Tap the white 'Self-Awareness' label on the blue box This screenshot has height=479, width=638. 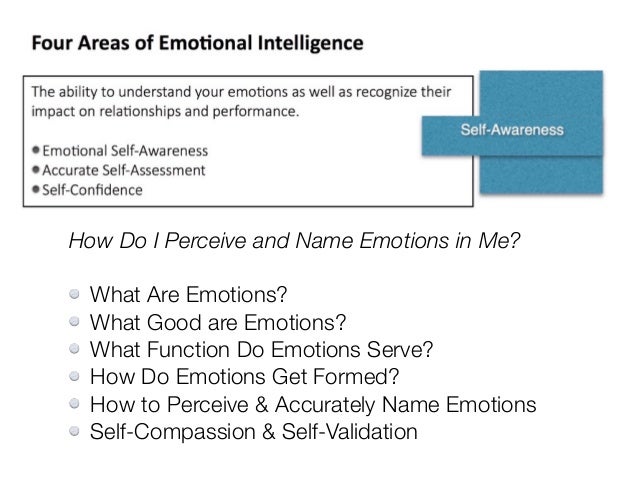511,130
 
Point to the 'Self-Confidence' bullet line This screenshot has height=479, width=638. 92,189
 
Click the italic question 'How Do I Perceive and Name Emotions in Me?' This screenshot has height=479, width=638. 294,241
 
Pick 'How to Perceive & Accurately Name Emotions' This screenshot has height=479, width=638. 313,405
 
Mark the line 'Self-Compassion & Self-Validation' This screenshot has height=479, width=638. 253,432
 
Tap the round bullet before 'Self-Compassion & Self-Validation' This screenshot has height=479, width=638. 74,432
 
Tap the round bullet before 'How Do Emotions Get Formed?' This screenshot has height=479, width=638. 74,377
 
